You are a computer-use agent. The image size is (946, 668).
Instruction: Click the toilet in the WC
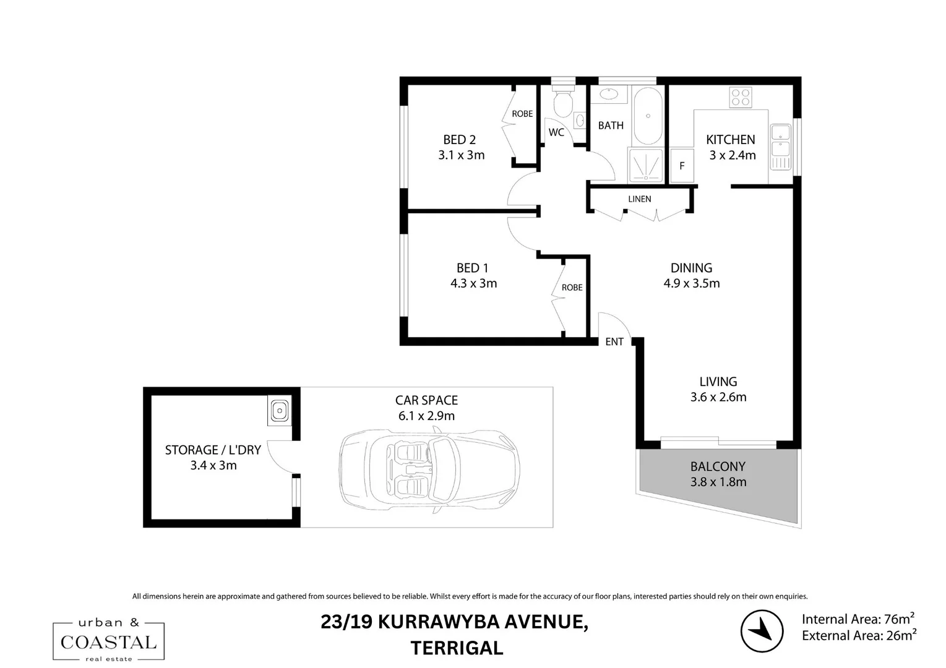pos(562,103)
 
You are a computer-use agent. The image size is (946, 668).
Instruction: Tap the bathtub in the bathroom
pos(648,116)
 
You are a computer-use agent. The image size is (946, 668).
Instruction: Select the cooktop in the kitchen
pos(741,97)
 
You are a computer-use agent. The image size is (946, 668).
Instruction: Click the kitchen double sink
pos(780,147)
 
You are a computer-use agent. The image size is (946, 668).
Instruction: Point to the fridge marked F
pos(682,165)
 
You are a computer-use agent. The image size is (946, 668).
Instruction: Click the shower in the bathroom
pos(646,165)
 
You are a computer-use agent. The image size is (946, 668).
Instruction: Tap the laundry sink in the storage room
pos(280,410)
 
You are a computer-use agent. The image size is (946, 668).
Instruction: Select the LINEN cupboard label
pos(639,199)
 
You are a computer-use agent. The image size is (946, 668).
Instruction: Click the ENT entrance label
pos(614,341)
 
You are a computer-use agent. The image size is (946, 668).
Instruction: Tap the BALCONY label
pos(718,466)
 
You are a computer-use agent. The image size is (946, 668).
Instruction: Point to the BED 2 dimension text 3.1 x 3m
pos(461,155)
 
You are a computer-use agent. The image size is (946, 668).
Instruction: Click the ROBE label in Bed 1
pos(572,288)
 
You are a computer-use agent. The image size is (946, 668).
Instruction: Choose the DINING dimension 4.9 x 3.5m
pos(691,283)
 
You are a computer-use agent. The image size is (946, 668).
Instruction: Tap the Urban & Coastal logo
pos(108,641)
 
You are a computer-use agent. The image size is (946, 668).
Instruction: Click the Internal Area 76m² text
pos(858,619)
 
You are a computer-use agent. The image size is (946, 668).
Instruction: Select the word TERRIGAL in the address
pos(457,648)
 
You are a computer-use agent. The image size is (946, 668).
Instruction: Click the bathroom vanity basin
pos(608,94)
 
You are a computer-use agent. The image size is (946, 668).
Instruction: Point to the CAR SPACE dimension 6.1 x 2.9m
pos(426,416)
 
